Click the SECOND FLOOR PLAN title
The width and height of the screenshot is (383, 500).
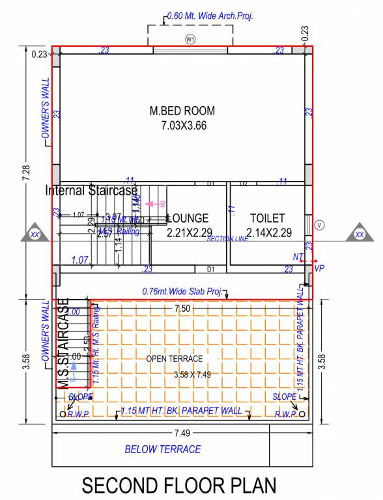pyautogui.click(x=179, y=485)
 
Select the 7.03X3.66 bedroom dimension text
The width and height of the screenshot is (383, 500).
pyautogui.click(x=184, y=126)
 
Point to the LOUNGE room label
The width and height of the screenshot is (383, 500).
pyautogui.click(x=188, y=219)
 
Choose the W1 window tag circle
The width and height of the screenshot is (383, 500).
pyautogui.click(x=190, y=40)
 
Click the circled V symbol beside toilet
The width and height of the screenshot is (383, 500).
pyautogui.click(x=319, y=225)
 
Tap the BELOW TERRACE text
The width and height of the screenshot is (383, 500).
pyautogui.click(x=163, y=449)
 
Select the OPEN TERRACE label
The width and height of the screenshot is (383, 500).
pyautogui.click(x=173, y=359)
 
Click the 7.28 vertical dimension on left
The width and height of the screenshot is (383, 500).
pyautogui.click(x=25, y=173)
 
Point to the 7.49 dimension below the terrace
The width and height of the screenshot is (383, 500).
pyautogui.click(x=182, y=434)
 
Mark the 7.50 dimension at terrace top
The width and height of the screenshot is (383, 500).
pyautogui.click(x=182, y=309)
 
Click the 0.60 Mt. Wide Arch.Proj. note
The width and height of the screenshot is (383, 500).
pyautogui.click(x=210, y=16)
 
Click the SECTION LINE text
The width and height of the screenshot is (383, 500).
pyautogui.click(x=228, y=239)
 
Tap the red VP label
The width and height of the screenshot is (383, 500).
pyautogui.click(x=319, y=268)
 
